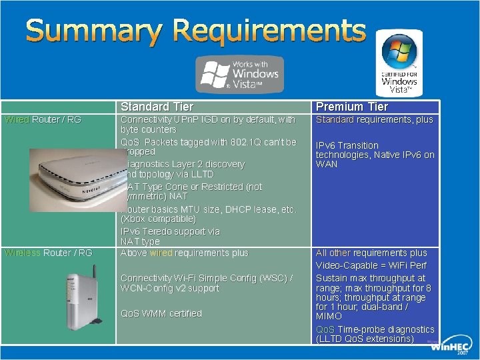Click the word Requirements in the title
267,31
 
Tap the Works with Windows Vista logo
239,75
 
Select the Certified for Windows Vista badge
399,63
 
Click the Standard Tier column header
157,107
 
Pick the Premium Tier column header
351,107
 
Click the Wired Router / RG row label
43,120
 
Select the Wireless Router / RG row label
48,253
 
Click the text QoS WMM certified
161,313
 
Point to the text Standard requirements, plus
374,120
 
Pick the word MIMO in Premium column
328,317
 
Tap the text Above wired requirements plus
184,253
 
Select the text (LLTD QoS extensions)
365,339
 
